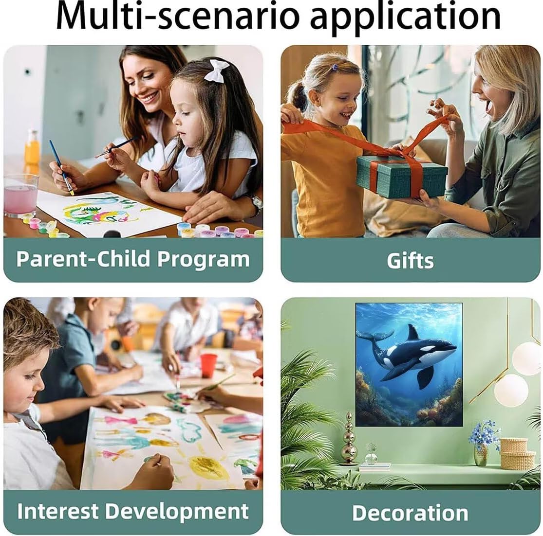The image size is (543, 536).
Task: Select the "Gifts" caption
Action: click(410, 260)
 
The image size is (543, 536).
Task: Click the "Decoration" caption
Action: click(410, 513)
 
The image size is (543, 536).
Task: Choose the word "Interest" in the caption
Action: click(57, 511)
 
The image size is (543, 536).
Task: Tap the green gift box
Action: click(401, 175)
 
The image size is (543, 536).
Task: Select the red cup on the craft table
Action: click(208, 365)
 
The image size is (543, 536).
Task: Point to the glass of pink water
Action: click(20, 195)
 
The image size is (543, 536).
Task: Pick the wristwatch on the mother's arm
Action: click(257, 204)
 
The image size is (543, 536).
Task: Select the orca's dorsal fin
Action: click(412, 333)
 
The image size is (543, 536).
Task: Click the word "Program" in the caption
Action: click(203, 260)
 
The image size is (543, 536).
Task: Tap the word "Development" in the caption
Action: click(177, 512)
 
